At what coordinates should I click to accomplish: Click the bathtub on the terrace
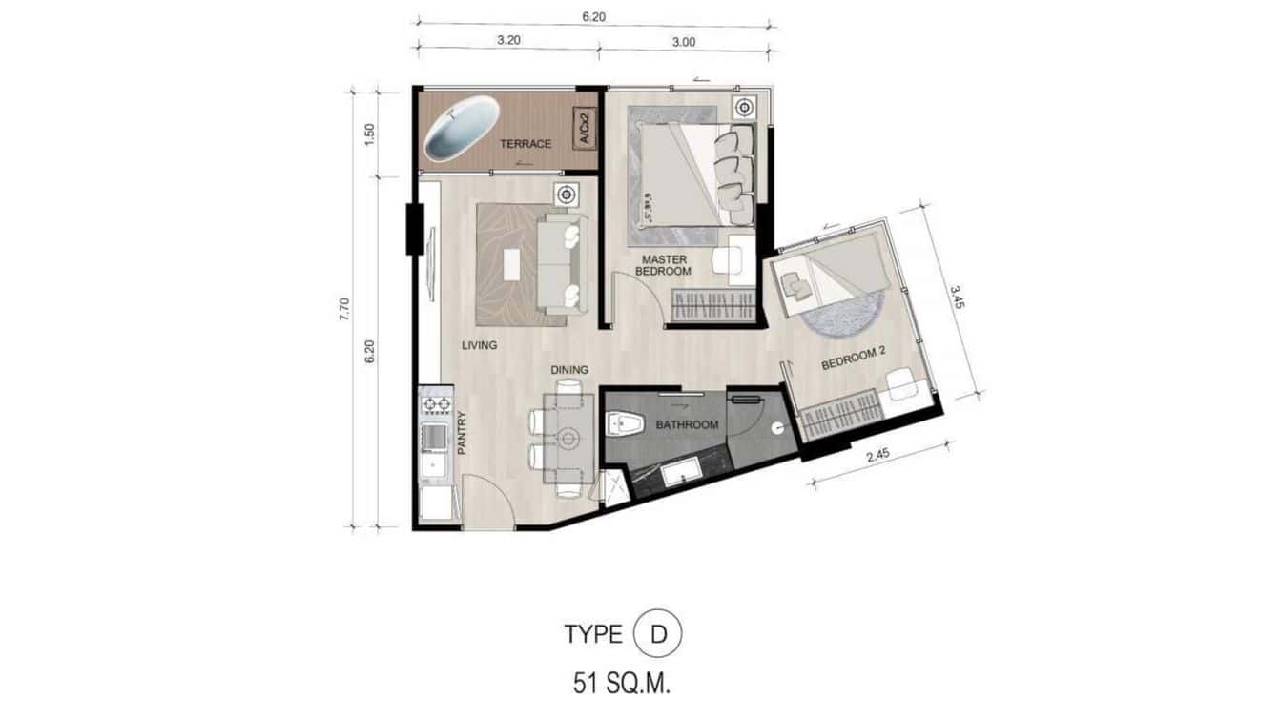coord(463,133)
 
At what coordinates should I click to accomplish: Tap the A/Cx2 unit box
coord(584,129)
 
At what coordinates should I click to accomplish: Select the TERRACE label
coord(526,144)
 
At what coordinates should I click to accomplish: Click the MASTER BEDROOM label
coord(665,265)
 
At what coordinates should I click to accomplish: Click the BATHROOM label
coord(686,425)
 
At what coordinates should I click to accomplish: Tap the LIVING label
coord(480,345)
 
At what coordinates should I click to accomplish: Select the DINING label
coord(568,370)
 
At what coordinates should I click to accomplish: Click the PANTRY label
coord(461,432)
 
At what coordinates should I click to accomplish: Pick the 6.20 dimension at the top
coord(595,17)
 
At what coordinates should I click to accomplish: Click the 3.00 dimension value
coord(684,41)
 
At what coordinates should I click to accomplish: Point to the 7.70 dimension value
coord(345,309)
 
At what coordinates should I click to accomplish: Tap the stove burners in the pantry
coord(436,405)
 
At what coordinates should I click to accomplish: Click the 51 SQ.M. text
coord(621,683)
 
